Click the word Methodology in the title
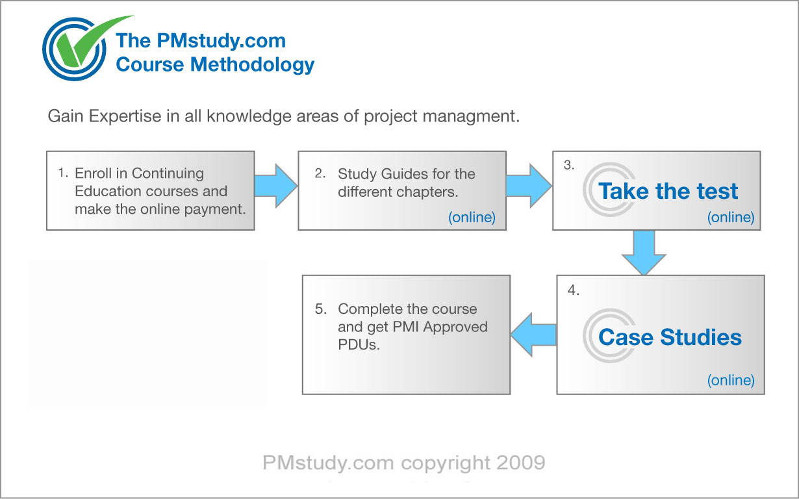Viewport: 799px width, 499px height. point(252,65)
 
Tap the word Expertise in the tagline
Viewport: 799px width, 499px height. point(125,117)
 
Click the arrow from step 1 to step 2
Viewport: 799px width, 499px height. point(275,185)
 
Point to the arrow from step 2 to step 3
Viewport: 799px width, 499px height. point(529,185)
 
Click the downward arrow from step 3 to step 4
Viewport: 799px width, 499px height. point(644,253)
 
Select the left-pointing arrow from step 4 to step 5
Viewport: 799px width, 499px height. point(533,335)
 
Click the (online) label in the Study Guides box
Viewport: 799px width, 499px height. point(472,217)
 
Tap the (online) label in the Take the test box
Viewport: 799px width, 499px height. point(731,217)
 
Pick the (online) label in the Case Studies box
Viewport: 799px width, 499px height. point(731,380)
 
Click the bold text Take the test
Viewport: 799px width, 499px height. point(668,191)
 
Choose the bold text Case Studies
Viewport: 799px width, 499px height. point(670,337)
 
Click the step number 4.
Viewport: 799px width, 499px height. point(573,290)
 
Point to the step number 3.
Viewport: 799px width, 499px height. point(569,165)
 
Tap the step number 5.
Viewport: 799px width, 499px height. point(321,309)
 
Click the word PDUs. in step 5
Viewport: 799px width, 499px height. point(359,345)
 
